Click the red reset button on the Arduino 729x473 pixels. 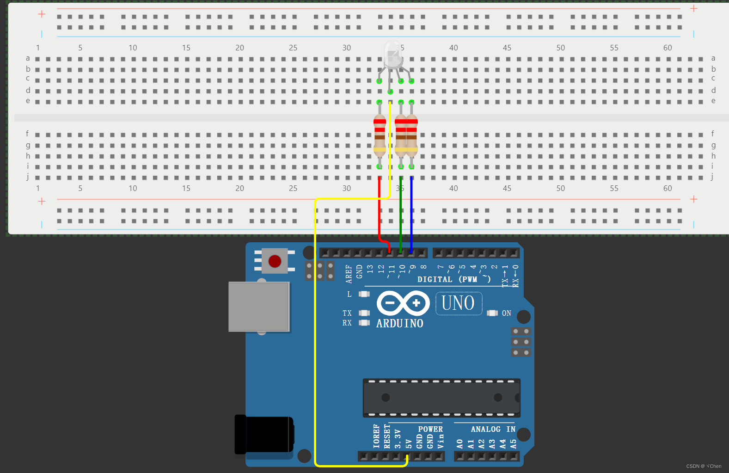coord(275,261)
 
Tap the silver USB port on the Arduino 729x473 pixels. coord(259,306)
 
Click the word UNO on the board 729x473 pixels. coord(458,303)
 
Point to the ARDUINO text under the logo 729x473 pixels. coord(399,324)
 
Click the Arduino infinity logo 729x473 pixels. coord(403,303)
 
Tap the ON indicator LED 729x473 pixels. coord(492,313)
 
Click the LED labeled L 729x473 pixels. coord(364,294)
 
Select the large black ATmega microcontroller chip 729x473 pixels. coord(441,398)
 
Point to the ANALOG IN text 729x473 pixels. coord(493,429)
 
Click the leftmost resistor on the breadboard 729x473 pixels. coord(380,134)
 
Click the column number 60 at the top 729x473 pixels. coord(667,48)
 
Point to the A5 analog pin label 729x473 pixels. coord(513,444)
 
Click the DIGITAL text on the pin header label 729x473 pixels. coord(435,279)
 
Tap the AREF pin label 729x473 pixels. coord(349,274)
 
